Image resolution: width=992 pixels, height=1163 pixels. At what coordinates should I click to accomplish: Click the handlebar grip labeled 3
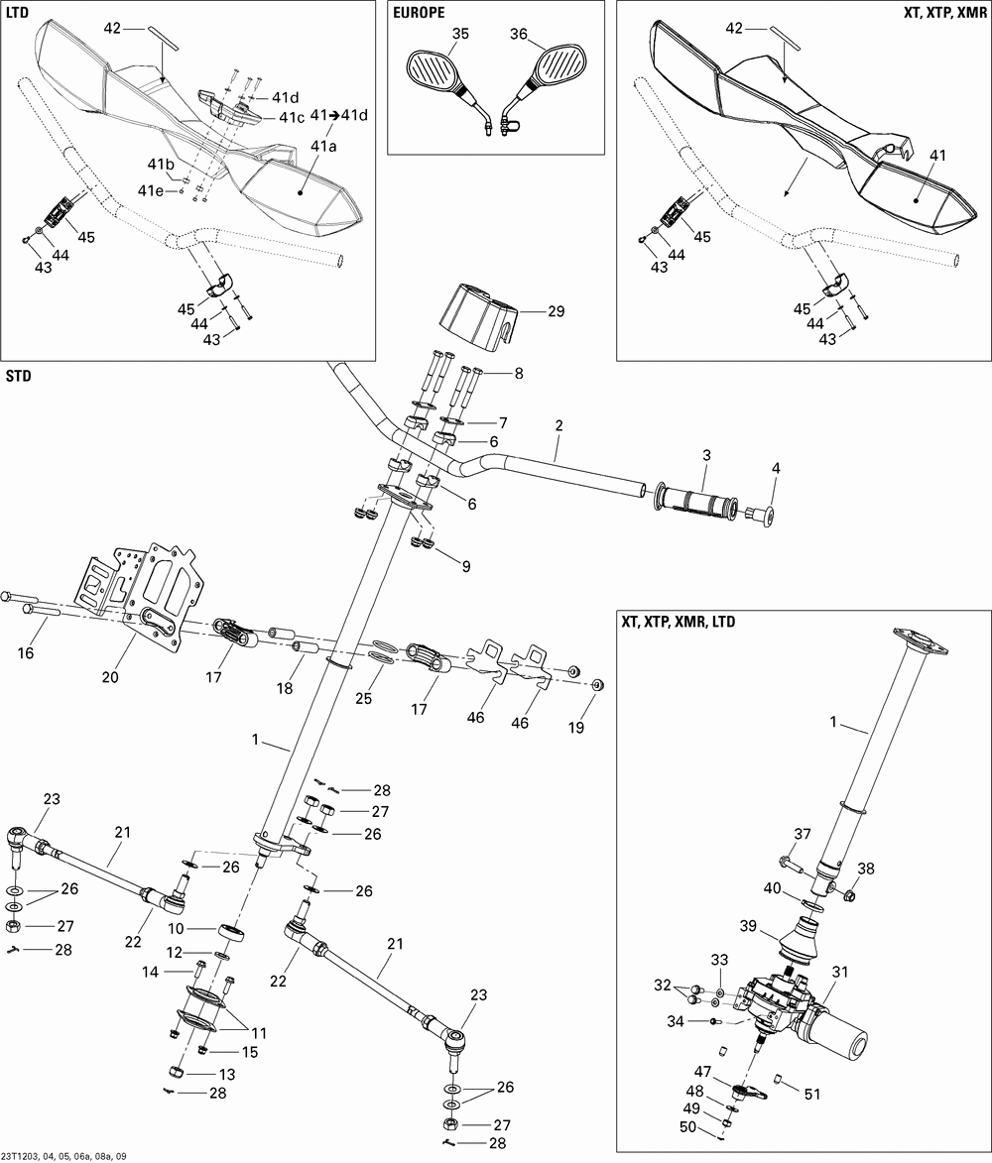699,499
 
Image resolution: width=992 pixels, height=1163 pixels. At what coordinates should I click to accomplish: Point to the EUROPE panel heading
418,12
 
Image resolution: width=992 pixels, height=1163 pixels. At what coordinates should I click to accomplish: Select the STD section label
19,377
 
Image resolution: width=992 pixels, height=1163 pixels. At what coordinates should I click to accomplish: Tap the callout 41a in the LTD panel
324,146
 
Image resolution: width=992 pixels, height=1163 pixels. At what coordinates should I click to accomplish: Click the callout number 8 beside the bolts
517,373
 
